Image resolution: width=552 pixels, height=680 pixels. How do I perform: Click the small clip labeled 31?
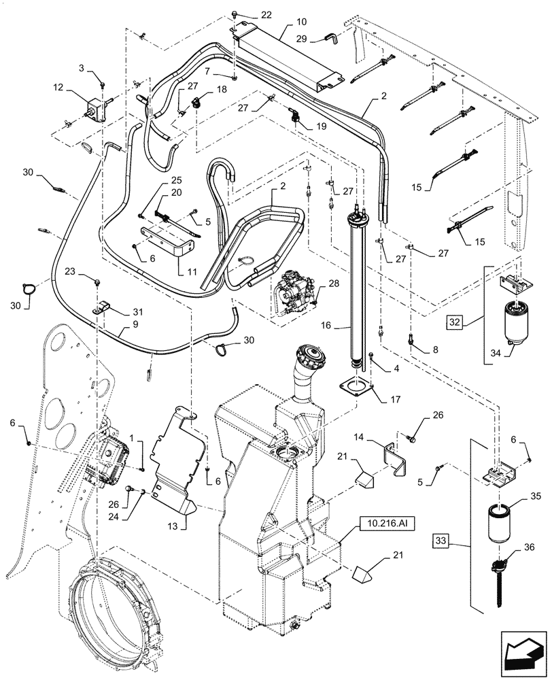pos(104,305)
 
